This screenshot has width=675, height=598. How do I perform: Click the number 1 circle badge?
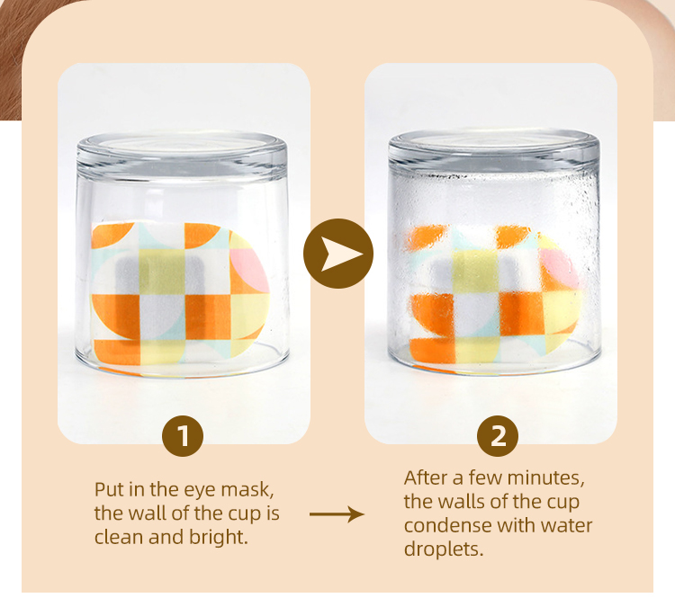pyautogui.click(x=183, y=437)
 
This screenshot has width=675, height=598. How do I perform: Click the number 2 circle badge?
pyautogui.click(x=498, y=437)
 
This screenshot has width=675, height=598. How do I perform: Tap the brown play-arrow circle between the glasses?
pyautogui.click(x=338, y=254)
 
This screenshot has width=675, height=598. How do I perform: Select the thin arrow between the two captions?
pyautogui.click(x=337, y=514)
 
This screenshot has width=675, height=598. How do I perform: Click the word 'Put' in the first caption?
pyautogui.click(x=110, y=490)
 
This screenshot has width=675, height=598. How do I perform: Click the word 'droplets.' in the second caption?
pyautogui.click(x=444, y=549)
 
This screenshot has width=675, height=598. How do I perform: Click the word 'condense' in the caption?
pyautogui.click(x=442, y=524)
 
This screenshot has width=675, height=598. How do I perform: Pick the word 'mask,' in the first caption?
pyautogui.click(x=248, y=490)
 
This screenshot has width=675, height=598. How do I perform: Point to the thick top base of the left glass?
pyautogui.click(x=184, y=155)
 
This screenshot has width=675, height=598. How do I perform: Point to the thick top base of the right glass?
pyautogui.click(x=494, y=152)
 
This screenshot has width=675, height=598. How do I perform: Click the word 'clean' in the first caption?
pyautogui.click(x=120, y=538)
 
